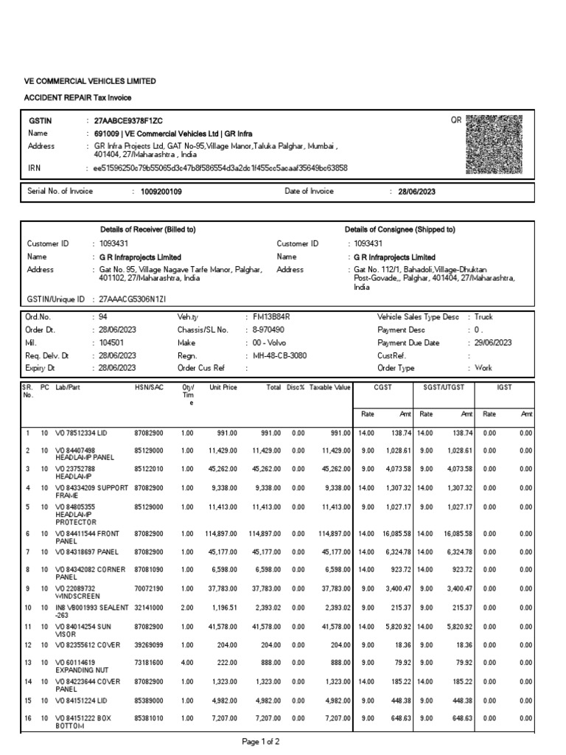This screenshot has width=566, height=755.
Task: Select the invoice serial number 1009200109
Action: [x=156, y=192]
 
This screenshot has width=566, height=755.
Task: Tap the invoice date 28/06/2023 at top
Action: [x=417, y=192]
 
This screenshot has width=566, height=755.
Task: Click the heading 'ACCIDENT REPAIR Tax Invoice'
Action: [x=79, y=98]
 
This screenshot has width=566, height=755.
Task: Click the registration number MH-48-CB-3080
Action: [x=279, y=355]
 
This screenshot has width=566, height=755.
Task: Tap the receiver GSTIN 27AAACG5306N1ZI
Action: [x=132, y=299]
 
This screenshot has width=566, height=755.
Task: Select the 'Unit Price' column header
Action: [x=223, y=387]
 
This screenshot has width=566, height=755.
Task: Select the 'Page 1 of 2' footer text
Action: [x=261, y=741]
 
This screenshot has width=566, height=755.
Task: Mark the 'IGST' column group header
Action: [x=504, y=387]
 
